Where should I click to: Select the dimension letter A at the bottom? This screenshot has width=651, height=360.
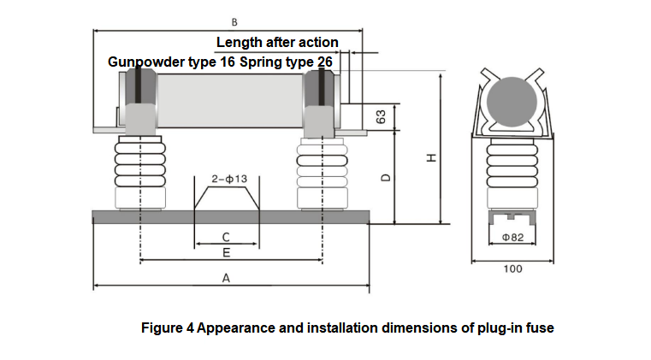(x=226, y=278)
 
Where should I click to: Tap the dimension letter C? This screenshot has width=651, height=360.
(x=226, y=237)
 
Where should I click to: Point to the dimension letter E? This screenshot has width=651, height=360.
(x=226, y=253)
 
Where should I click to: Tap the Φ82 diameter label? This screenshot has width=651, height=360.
(x=512, y=237)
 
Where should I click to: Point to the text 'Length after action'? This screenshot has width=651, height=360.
(x=277, y=42)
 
